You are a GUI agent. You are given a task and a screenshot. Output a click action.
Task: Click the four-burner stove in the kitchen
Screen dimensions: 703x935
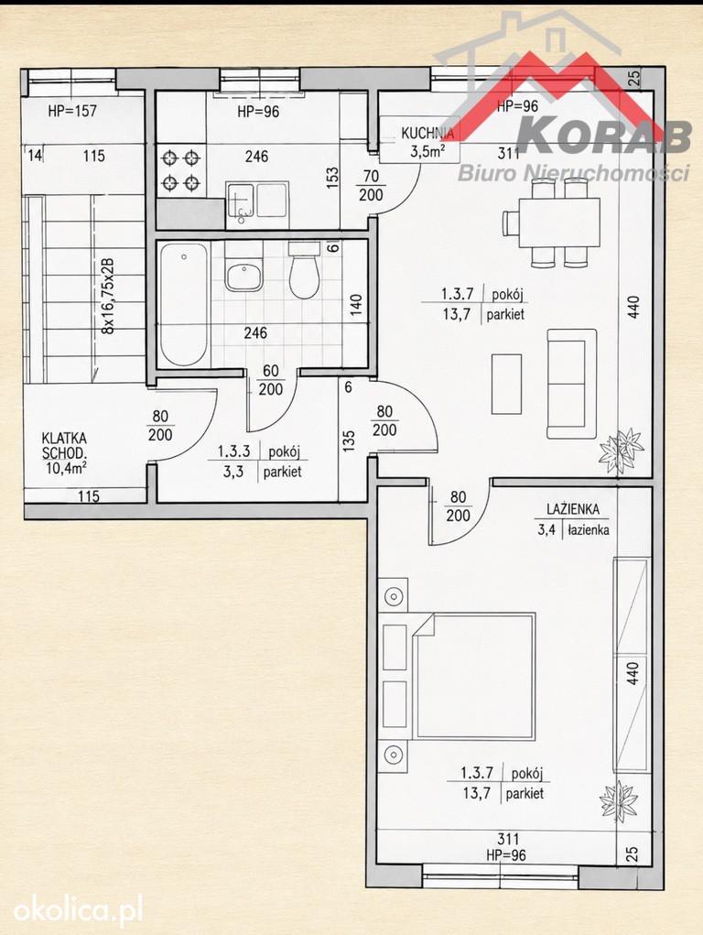[x=181, y=169]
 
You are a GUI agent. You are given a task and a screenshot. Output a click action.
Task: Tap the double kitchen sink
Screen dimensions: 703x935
[x=257, y=201]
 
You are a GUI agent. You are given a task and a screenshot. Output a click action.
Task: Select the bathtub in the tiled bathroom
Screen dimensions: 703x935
[x=184, y=304]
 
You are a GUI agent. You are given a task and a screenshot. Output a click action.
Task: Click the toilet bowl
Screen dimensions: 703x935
[x=304, y=271]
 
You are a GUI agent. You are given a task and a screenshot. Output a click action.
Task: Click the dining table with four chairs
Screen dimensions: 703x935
[x=553, y=223]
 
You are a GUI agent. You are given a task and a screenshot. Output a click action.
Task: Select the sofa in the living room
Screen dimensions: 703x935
[x=572, y=384]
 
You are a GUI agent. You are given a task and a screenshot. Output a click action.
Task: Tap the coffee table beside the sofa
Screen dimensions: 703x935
[x=506, y=384]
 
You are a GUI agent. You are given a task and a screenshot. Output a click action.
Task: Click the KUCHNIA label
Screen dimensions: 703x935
[x=427, y=133]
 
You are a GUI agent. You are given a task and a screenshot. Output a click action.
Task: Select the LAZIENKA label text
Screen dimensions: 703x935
[x=573, y=509]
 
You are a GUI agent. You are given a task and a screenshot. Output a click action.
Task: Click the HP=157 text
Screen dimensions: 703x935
[x=72, y=110]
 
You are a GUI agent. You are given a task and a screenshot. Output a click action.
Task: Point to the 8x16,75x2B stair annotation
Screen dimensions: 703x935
[x=107, y=296]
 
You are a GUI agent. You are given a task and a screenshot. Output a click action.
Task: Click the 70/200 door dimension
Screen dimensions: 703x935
[x=371, y=186]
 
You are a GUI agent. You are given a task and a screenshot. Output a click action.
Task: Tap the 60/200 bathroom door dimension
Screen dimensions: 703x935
[x=271, y=380]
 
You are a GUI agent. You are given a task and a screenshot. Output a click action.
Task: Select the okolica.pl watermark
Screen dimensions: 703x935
[x=78, y=911]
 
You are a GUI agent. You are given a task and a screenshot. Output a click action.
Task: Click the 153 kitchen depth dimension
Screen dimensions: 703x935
[x=332, y=179]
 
